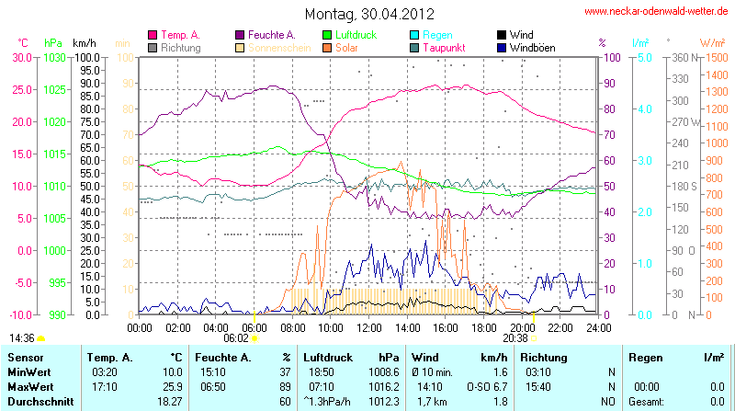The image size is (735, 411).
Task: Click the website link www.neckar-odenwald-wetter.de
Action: (x=658, y=12)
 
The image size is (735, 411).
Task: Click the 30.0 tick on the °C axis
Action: (x=21, y=57)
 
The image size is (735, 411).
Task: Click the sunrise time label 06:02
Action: (x=236, y=338)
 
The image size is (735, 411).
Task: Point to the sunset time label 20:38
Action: (x=515, y=338)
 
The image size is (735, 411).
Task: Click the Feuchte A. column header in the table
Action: (x=221, y=357)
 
